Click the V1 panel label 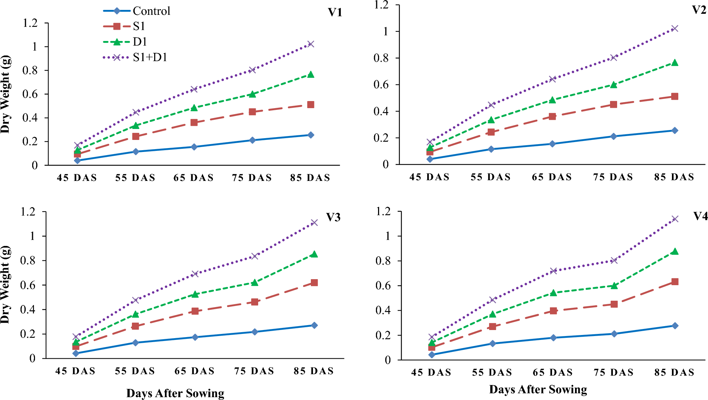(335, 12)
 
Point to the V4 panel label (700, 216)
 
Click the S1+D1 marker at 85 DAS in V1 (311, 44)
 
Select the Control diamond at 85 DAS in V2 (675, 130)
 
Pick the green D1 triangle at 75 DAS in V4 (614, 286)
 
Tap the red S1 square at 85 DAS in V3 (314, 283)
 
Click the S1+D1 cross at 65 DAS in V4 (553, 271)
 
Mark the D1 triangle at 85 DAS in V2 (675, 63)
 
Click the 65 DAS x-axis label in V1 (193, 178)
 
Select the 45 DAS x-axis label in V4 (431, 372)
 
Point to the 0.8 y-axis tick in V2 (381, 58)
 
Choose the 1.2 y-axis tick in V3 (28, 212)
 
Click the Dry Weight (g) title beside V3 (6, 284)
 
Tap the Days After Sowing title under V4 (538, 389)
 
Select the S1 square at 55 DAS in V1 (136, 136)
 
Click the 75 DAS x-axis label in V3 (254, 371)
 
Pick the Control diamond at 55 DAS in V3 (135, 343)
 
